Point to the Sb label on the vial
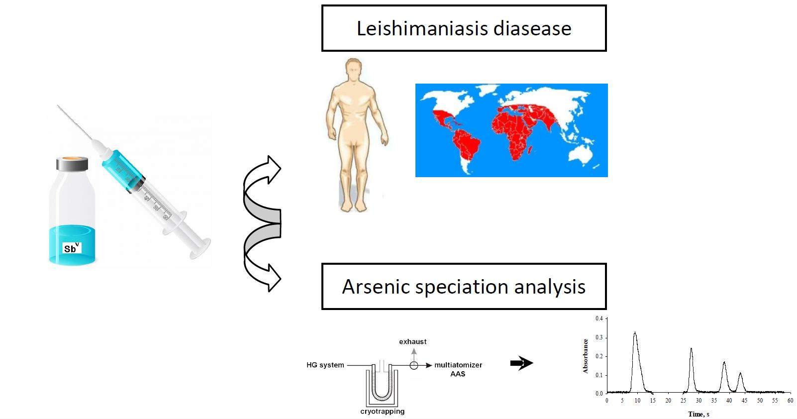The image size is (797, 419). tap(72, 248)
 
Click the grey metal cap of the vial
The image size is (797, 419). tap(72, 163)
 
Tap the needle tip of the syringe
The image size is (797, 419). tap(58, 105)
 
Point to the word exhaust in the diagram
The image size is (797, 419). tap(413, 342)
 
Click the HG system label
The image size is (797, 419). tap(325, 365)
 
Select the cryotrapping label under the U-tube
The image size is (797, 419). tap(383, 412)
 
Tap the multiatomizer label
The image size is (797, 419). tap(458, 365)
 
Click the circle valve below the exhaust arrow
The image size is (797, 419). tap(414, 365)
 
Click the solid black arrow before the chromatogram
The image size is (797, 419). tap(522, 363)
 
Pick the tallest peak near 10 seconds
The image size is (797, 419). tap(635, 333)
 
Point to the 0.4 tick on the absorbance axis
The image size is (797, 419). tap(599, 318)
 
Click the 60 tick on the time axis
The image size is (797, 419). tap(790, 401)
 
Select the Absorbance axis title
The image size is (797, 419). tap(585, 356)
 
